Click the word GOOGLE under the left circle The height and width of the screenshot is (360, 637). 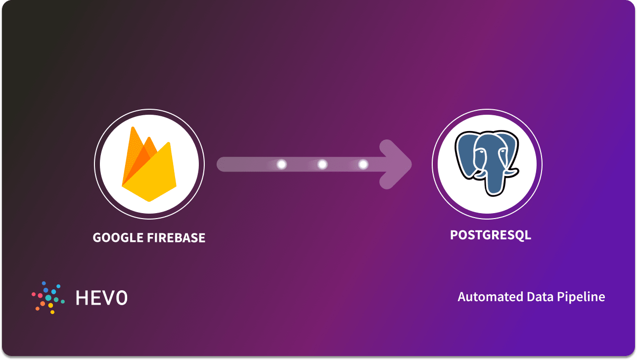pos(117,238)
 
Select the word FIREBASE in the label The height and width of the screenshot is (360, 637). pos(176,238)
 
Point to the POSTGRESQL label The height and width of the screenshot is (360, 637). pos(490,235)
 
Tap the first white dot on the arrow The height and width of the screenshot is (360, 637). pos(282,164)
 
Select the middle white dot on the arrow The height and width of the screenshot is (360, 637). pos(322,164)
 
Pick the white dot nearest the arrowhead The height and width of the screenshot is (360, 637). pos(363,164)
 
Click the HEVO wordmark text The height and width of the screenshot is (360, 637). pos(101,298)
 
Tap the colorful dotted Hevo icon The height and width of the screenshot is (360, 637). pos(47,298)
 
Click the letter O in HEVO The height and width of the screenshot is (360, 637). pos(121,298)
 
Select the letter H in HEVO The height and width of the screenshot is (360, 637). pos(82,298)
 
